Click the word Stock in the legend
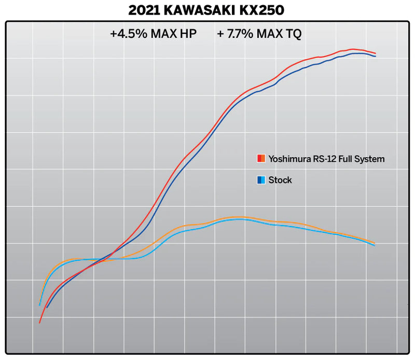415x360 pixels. click(280, 180)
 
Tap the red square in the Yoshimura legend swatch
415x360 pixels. click(259, 159)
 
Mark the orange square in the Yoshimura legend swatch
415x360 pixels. click(263, 159)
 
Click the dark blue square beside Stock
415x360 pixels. click(259, 180)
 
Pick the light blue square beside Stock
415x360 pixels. click(263, 180)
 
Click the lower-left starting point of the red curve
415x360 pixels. click(39, 323)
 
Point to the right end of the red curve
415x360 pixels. click(375, 53)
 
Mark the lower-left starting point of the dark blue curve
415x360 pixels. click(47, 308)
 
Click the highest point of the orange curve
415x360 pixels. click(239, 217)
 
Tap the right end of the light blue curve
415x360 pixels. click(375, 245)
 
